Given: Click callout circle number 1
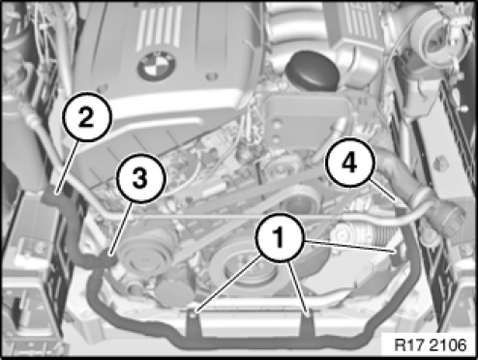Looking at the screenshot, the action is pos(280,237).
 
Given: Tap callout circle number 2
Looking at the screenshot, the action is pos(87,117).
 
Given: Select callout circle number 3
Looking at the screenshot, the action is pos(140,178).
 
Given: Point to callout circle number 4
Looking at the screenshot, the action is pos(350,163).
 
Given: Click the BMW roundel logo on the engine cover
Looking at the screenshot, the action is pos(157,66).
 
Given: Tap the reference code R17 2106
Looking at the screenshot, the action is pos(430,345).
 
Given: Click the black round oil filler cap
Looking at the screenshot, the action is pos(312,72).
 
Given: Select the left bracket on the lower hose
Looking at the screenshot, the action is pos(194,322).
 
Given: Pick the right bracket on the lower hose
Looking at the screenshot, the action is pos(307,323).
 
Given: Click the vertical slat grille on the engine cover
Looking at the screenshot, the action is pos(159,28).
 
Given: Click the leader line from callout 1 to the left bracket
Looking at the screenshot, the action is pos(228,284).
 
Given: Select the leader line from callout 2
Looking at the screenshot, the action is pos(67,167).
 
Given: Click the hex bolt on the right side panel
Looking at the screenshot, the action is pos(441,164).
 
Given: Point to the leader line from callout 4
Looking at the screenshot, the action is pos(382,191).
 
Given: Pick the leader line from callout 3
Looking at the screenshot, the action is pos(121,228).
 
